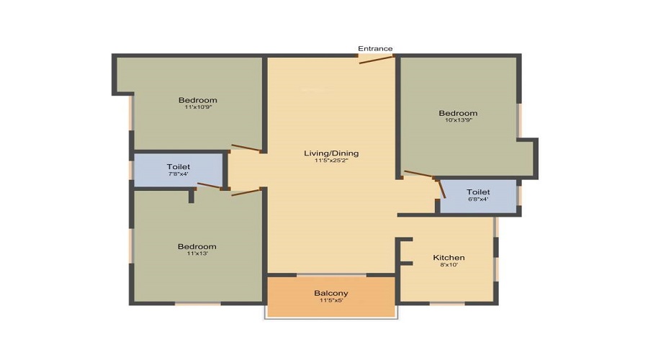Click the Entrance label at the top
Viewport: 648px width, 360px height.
pyautogui.click(x=375, y=48)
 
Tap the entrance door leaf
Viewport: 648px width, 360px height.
pyautogui.click(x=376, y=60)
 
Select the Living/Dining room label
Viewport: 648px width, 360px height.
pyautogui.click(x=331, y=153)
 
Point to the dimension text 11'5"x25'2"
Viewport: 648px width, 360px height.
pyautogui.click(x=331, y=161)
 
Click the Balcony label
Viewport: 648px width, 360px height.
pyautogui.click(x=331, y=293)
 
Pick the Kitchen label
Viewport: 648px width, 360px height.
pyautogui.click(x=449, y=258)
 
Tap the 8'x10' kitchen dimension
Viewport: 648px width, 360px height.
pyautogui.click(x=449, y=265)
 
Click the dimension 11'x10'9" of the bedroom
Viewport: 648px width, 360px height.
pyautogui.click(x=198, y=107)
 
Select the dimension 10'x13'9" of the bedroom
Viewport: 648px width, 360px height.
pyautogui.click(x=459, y=120)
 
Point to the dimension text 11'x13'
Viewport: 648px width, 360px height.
pyautogui.click(x=197, y=253)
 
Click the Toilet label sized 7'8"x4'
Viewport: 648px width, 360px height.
pyautogui.click(x=179, y=166)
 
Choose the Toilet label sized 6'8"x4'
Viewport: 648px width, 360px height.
pyautogui.click(x=478, y=192)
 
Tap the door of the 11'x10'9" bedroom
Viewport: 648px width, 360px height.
pyautogui.click(x=246, y=148)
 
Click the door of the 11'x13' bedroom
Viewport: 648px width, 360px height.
pyautogui.click(x=246, y=192)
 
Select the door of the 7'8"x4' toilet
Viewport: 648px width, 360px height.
pyautogui.click(x=210, y=186)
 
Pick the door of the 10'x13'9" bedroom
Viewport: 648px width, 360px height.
pyautogui.click(x=418, y=174)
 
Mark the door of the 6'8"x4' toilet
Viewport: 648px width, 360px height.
pyautogui.click(x=441, y=189)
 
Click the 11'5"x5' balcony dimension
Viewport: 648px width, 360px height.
pyautogui.click(x=331, y=300)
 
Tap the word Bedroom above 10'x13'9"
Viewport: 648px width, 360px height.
pyautogui.click(x=459, y=113)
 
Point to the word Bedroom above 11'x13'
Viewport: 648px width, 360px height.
pyautogui.click(x=197, y=247)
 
